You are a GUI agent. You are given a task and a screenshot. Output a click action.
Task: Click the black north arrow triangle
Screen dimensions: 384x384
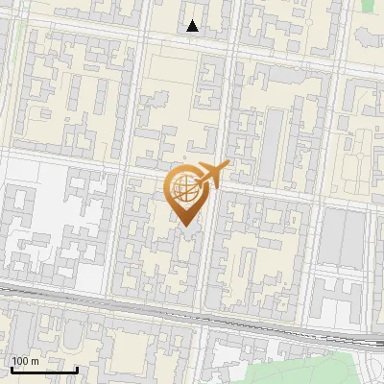coord(193,27)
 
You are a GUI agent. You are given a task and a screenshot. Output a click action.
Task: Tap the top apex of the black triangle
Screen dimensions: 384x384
coord(193,21)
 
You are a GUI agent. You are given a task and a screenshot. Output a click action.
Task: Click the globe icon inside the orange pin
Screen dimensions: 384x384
coord(184,190)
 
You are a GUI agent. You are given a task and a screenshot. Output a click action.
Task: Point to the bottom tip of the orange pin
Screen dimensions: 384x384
coord(185,227)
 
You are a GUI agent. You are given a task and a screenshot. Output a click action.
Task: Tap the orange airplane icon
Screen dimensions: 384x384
coord(212,175)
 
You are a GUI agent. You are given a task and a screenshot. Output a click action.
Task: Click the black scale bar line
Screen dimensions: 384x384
coord(44,370)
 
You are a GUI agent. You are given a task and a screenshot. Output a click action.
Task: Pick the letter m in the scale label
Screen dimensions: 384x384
coord(35,361)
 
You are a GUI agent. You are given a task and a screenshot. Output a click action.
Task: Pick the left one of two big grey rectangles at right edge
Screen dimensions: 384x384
coord(335,236)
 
